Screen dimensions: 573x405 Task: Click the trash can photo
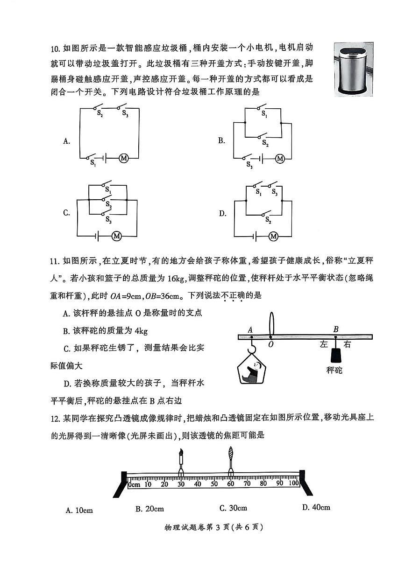tap(353, 69)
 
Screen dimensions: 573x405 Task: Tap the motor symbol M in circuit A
tap(124, 158)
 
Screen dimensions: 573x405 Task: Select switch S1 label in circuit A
tap(93, 163)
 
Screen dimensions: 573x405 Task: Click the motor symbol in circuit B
tap(280, 159)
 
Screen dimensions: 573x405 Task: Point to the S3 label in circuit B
tap(250, 165)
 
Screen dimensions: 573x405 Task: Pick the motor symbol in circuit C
tap(117, 237)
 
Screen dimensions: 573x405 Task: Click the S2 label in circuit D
tap(267, 219)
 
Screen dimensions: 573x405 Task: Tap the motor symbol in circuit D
tap(273, 237)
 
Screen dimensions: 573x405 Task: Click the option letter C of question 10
tap(66, 213)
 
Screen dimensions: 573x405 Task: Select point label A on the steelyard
tap(250, 330)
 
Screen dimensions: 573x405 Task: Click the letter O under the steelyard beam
tap(271, 344)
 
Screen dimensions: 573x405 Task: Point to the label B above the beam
tap(335, 329)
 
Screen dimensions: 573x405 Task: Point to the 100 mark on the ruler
tap(293, 483)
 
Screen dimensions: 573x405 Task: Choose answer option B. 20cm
tap(149, 509)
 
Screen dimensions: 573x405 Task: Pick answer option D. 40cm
tap(316, 507)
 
